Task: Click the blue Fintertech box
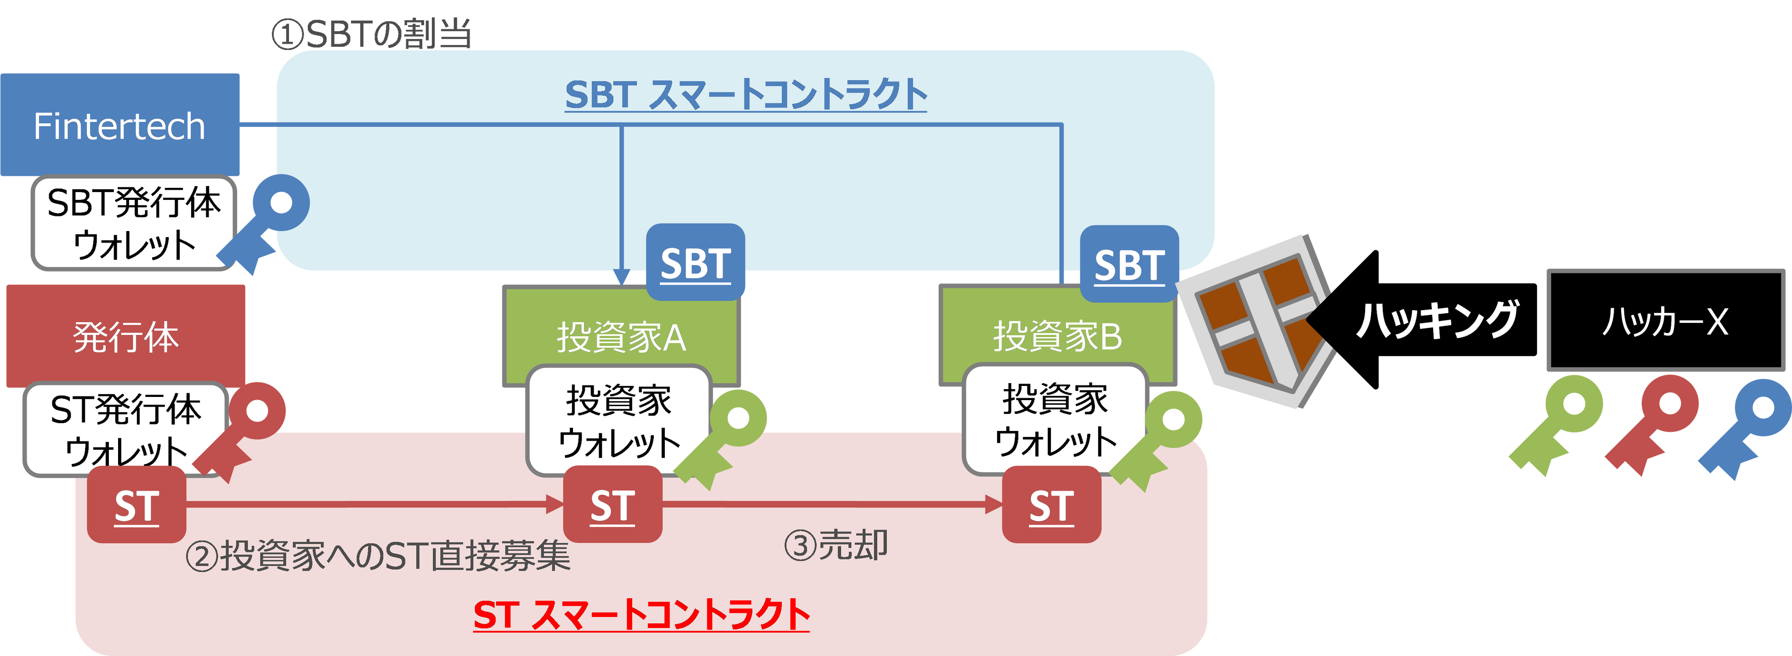pos(119,125)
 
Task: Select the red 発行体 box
pos(125,335)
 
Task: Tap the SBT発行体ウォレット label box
pos(134,223)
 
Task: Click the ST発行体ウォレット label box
pos(125,428)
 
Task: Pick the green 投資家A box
pos(620,336)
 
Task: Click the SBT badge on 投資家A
pos(695,263)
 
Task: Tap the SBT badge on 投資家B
pos(1129,264)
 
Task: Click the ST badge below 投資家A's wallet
pos(612,505)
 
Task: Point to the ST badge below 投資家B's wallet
pos(1051,505)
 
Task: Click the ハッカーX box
pos(1665,321)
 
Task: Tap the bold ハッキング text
pos(1437,320)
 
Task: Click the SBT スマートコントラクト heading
pos(746,95)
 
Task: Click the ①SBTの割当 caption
pos(371,34)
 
